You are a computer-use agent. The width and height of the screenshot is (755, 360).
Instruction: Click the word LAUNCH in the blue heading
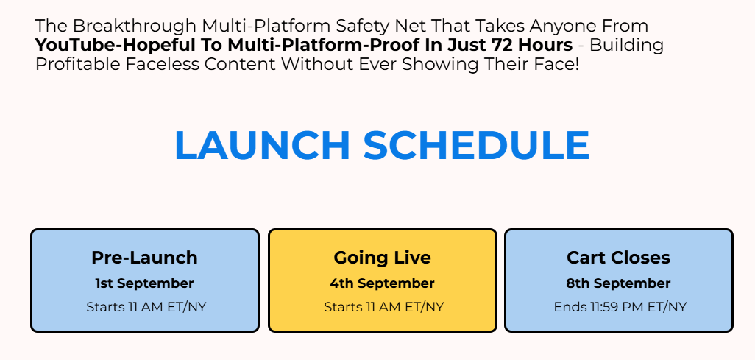(x=262, y=144)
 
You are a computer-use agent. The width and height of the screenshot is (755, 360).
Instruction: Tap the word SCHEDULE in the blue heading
(x=476, y=144)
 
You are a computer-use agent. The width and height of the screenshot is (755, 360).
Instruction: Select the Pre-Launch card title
(x=144, y=258)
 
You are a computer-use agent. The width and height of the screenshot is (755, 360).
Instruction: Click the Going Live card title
(x=383, y=258)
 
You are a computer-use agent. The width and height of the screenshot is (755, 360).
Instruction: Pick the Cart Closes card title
(x=619, y=258)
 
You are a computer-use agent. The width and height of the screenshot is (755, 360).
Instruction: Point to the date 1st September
(x=144, y=283)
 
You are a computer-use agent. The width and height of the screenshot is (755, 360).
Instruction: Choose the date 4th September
(x=383, y=283)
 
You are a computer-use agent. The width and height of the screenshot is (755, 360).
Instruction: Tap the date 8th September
(x=619, y=283)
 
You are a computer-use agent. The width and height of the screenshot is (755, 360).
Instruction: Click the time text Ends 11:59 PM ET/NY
(x=620, y=307)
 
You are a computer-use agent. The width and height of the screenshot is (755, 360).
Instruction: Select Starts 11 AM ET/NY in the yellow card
(x=384, y=307)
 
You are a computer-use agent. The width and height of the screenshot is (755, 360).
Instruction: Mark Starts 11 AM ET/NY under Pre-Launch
(x=146, y=307)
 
